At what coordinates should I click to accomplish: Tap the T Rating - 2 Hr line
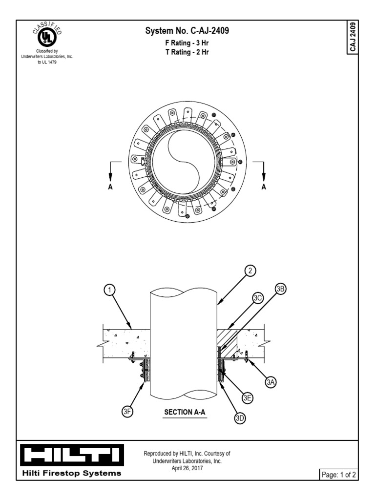(187, 51)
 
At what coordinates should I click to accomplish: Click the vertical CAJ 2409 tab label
(353, 38)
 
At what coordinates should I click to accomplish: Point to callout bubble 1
(110, 290)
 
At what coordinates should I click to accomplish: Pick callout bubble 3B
(280, 289)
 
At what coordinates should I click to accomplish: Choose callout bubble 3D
(240, 418)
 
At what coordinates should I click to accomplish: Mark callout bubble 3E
(248, 398)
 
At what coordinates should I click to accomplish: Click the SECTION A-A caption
(185, 412)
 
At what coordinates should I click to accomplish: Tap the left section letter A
(111, 187)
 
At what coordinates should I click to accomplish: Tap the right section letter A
(264, 187)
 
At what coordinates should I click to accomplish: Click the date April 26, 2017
(187, 468)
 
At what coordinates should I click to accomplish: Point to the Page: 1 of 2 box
(338, 474)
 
